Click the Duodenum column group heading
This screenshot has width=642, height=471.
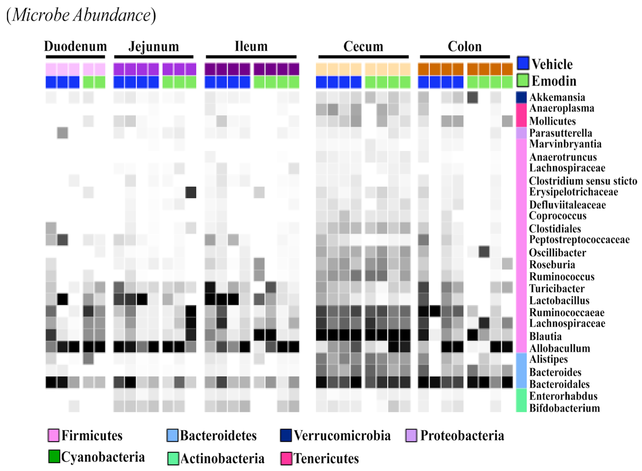point(75,46)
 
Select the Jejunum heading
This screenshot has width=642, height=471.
point(154,46)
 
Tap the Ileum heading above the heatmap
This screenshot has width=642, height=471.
point(251,46)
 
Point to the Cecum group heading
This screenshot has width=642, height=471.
point(363,46)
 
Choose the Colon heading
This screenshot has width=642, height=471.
point(464,46)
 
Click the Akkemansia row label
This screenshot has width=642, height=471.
point(557,97)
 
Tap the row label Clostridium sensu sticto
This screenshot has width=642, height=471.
point(583,181)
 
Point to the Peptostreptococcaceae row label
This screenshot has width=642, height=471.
point(579,239)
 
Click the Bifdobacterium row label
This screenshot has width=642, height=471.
point(564,408)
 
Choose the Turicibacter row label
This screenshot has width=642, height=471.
point(557,289)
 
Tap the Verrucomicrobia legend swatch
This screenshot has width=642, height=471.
point(286,435)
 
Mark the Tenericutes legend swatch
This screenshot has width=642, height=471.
point(286,458)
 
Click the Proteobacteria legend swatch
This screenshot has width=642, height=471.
point(411,435)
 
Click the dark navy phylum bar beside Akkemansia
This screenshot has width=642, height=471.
point(521,97)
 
